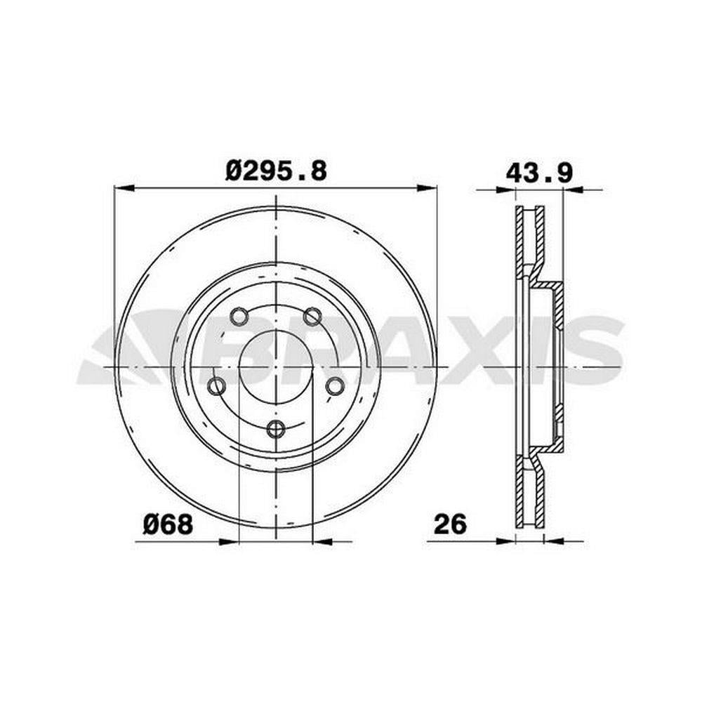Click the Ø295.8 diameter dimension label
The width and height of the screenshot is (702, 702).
pos(276,171)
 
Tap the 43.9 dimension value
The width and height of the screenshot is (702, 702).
pos(538,173)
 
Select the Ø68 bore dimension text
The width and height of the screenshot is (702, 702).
pos(168,524)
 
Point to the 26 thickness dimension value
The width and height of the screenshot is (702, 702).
pos(450,524)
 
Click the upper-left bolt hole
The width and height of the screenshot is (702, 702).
pos(239,316)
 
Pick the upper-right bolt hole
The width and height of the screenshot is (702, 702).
pos(312,316)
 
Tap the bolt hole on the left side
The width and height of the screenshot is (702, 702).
pos(217,385)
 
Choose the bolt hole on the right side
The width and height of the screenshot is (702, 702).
pos(334,385)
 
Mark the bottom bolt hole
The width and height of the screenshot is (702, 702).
pos(276,429)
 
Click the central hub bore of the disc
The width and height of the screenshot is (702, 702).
pos(276,366)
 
